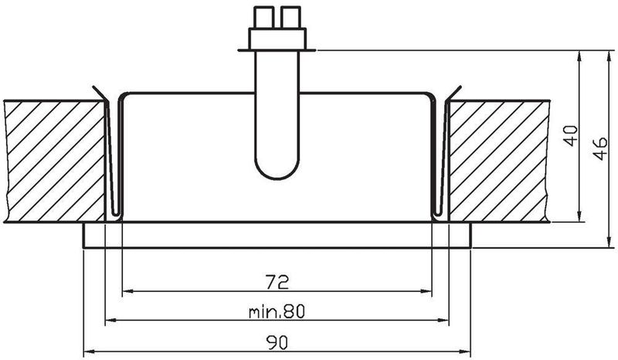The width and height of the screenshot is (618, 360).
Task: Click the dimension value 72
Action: pos(277,280)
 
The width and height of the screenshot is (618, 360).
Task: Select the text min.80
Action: pos(277,311)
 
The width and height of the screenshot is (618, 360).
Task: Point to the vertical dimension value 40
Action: pos(571,137)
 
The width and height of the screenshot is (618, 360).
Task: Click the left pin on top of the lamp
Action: pos(263,17)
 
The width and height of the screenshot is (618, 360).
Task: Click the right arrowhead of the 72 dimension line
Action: pos(426,292)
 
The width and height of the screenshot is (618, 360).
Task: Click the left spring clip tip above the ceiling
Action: pos(93,87)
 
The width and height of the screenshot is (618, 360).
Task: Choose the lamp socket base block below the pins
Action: pos(277,38)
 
